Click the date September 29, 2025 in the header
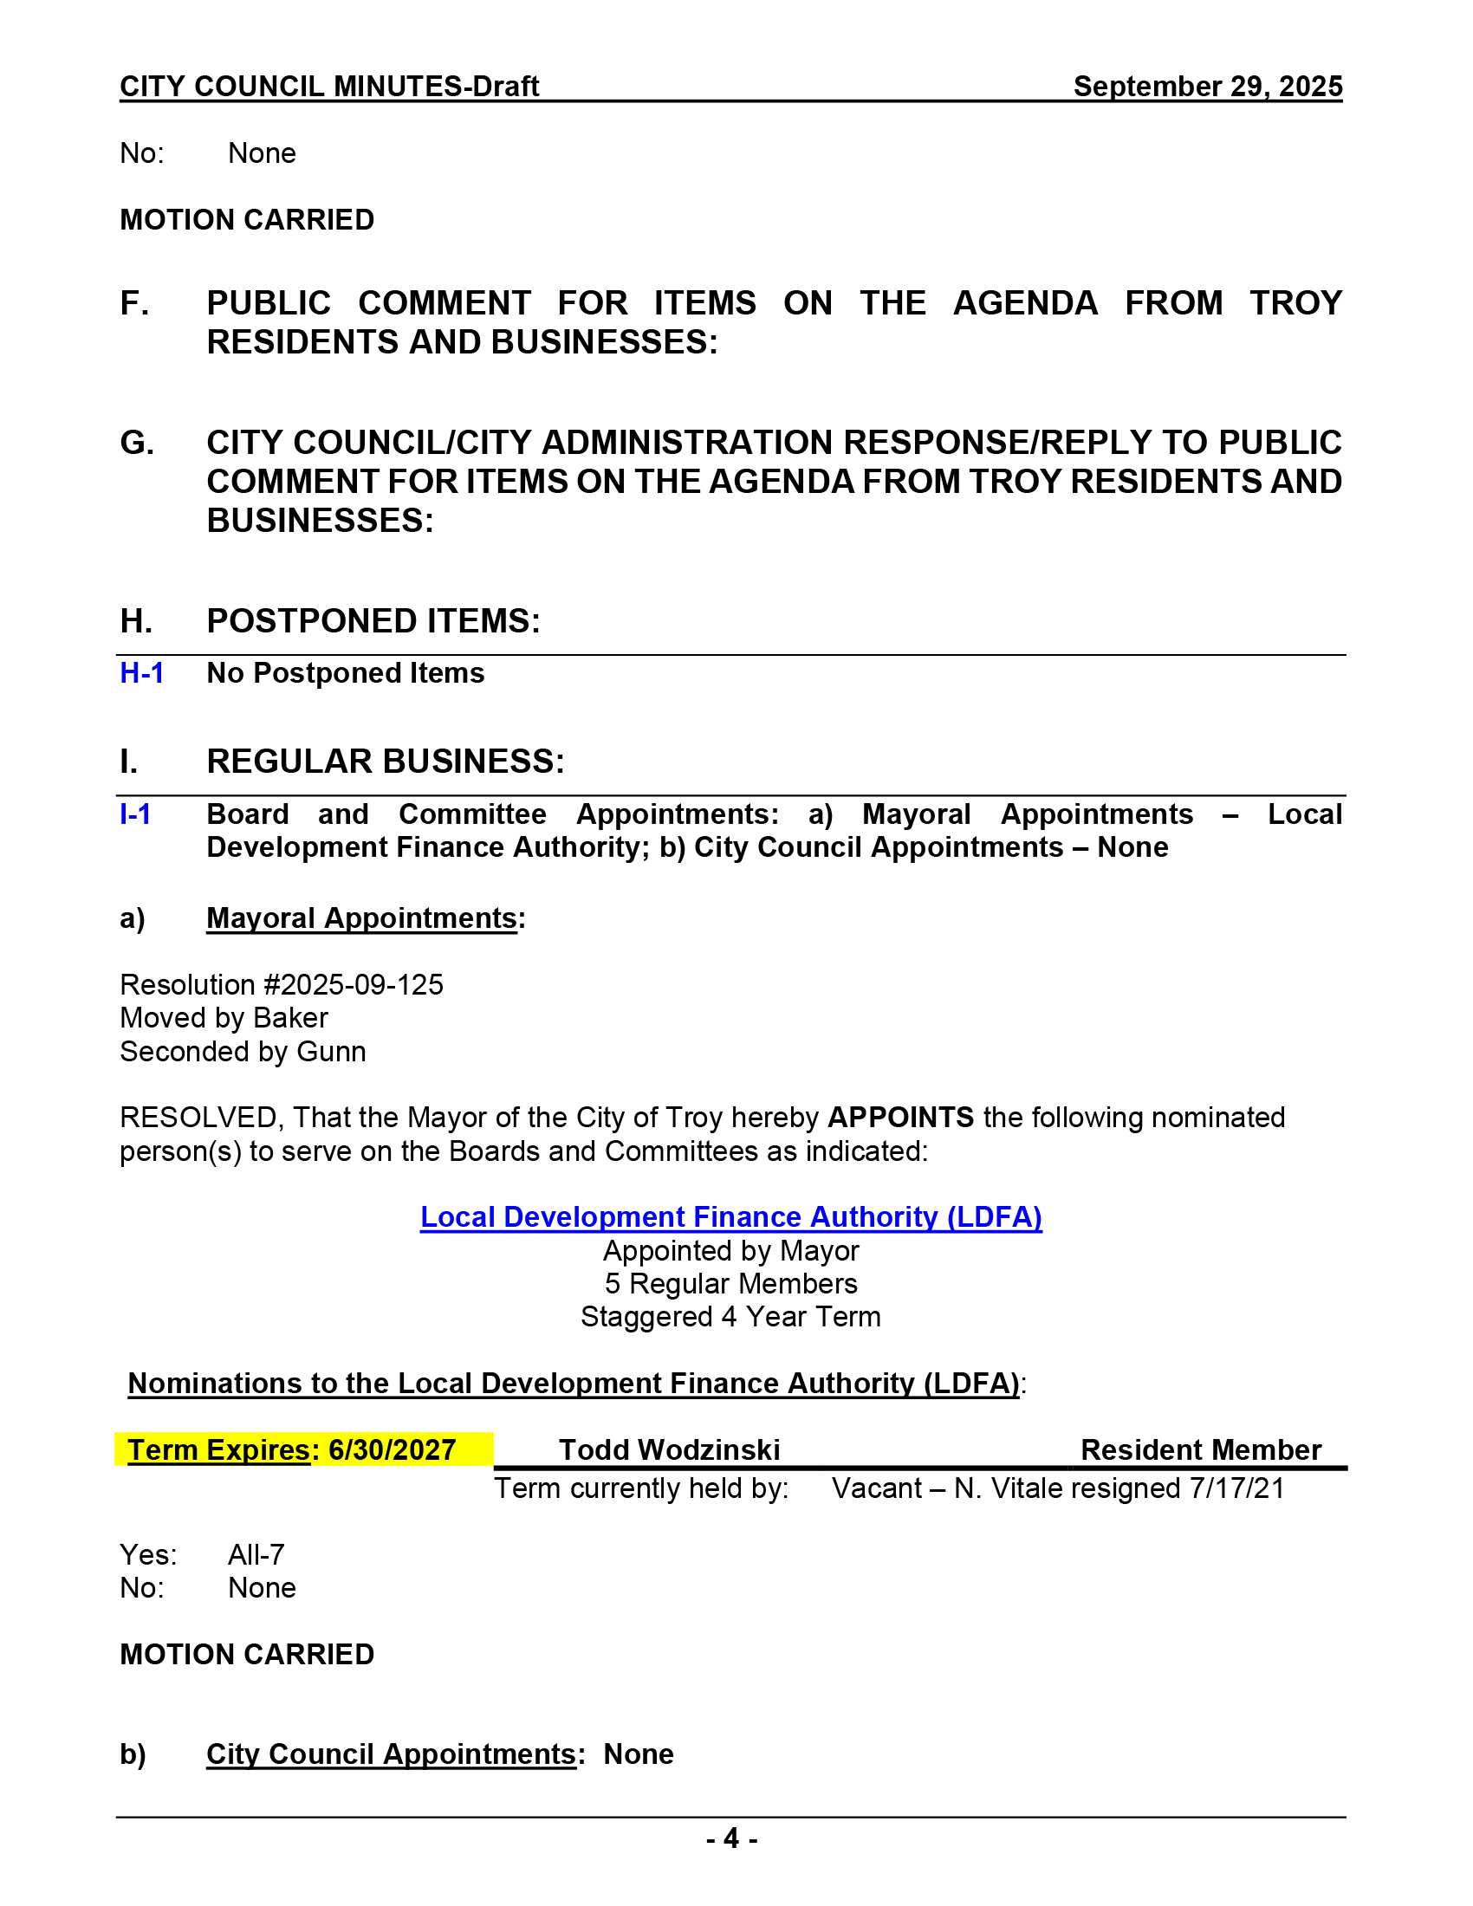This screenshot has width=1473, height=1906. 1207,87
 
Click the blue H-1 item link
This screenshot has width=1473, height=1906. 141,673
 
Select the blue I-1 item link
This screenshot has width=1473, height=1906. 135,814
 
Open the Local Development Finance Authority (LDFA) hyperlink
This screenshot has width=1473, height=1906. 730,1216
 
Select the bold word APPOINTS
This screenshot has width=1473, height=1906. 899,1117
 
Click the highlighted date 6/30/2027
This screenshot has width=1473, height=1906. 392,1449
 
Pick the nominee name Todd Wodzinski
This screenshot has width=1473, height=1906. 669,1449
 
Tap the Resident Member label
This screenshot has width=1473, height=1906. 1201,1449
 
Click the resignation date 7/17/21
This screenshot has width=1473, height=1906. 1236,1488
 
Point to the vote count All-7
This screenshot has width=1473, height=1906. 256,1554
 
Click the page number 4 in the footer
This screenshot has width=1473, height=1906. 731,1838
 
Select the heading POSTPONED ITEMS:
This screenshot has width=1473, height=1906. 373,620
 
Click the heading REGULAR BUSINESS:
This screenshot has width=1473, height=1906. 386,761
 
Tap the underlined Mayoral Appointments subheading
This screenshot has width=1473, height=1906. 361,918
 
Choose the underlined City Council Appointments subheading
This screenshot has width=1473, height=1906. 390,1754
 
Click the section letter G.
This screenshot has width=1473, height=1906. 136,443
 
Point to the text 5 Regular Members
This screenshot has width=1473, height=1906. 730,1284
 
